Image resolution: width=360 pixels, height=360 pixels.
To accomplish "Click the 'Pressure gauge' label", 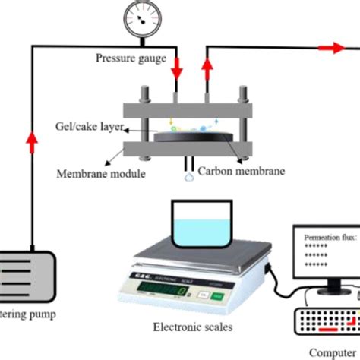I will click(130, 58).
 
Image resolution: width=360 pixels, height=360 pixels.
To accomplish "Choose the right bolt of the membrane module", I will click(244, 122).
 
